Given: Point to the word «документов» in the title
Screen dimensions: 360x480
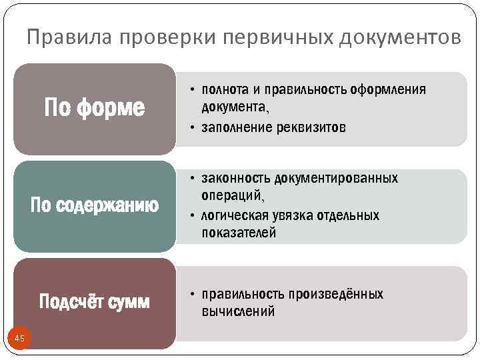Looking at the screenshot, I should click(x=399, y=38).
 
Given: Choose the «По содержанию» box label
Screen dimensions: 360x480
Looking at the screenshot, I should click(x=95, y=206).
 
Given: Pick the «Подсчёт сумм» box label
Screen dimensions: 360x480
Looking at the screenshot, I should click(x=95, y=302).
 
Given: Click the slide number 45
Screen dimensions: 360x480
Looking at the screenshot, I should click(x=19, y=339).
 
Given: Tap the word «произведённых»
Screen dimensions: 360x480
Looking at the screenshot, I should click(x=336, y=294).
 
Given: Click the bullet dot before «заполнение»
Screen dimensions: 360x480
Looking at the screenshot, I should click(x=191, y=129).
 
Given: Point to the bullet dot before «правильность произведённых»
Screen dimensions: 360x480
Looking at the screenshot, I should click(x=191, y=294).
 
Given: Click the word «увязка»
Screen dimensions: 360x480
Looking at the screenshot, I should click(x=295, y=215).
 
